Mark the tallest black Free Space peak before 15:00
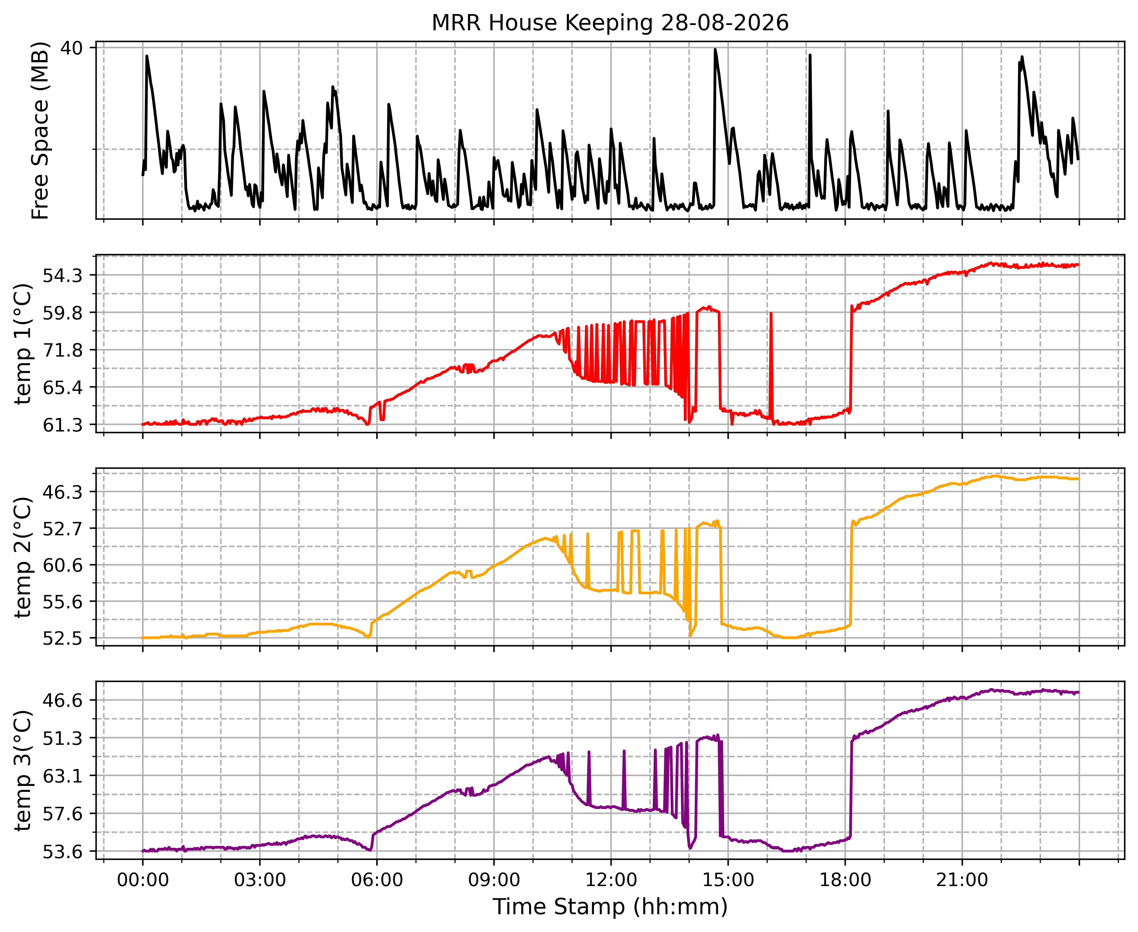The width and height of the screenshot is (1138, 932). click(715, 49)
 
